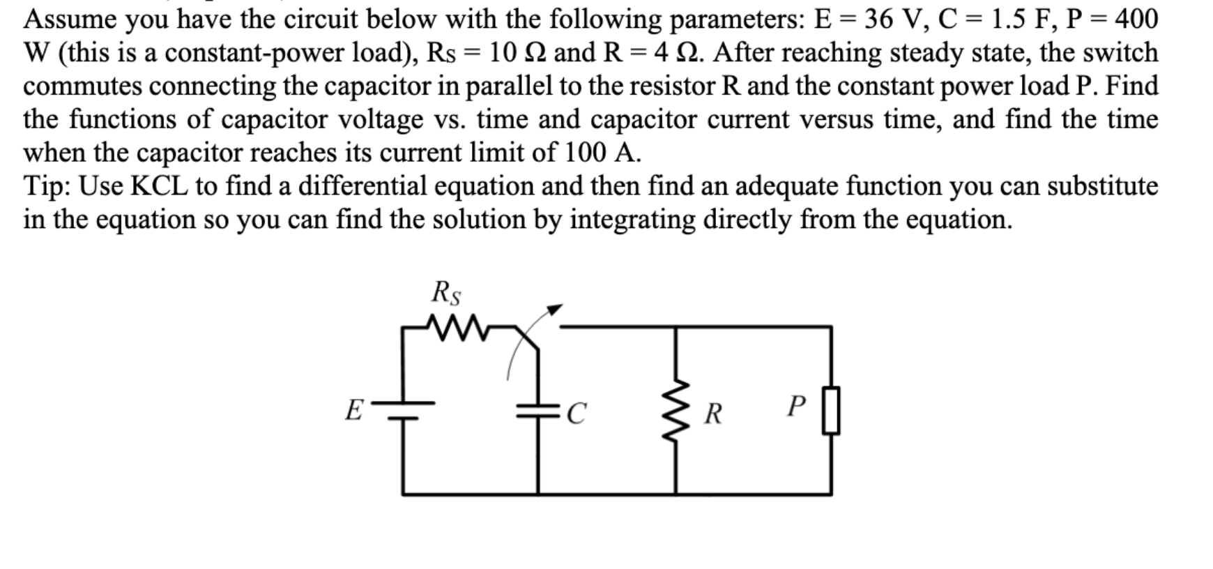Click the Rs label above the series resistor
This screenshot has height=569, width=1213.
point(446,293)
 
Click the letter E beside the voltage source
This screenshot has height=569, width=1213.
point(354,410)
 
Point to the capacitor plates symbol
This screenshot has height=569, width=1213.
point(537,411)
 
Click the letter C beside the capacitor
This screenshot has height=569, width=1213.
point(576,414)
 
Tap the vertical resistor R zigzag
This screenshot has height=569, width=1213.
point(675,414)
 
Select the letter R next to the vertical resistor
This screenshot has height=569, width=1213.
point(712,414)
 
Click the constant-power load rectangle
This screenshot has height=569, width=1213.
point(830,411)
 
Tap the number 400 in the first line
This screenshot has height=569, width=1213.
point(1136,19)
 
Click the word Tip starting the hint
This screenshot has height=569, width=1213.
point(47,186)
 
